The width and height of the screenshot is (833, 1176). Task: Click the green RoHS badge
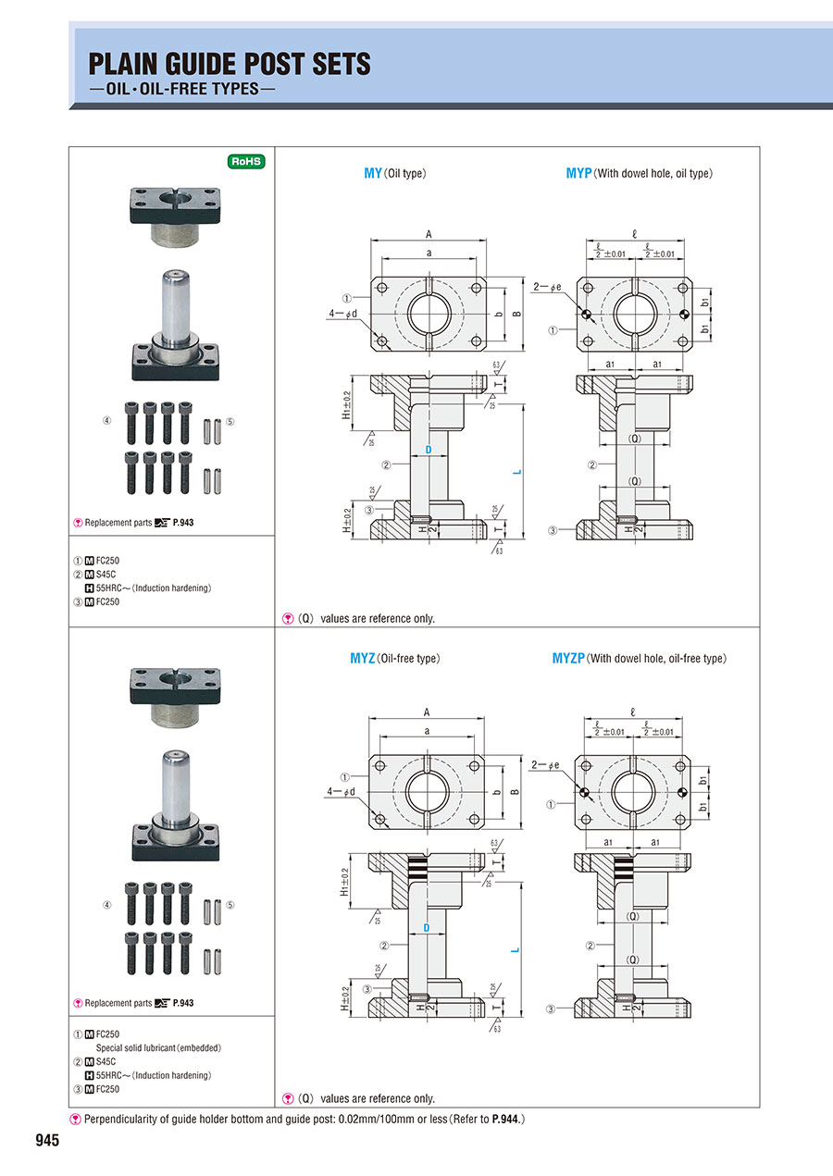[247, 161]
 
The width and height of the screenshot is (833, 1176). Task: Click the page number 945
[47, 1141]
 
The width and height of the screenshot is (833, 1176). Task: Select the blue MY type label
[373, 173]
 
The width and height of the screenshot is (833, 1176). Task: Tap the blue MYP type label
[578, 173]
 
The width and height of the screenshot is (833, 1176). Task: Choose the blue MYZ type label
[362, 659]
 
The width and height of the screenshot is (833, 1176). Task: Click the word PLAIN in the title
[127, 64]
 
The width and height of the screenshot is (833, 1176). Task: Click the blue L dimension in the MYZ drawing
[516, 949]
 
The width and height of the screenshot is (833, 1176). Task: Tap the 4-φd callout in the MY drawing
[342, 314]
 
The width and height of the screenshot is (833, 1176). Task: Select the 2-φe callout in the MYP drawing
[546, 288]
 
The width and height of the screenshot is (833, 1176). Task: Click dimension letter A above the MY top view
[429, 234]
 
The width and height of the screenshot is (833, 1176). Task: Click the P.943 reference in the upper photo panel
[182, 523]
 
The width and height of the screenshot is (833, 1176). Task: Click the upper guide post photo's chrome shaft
[175, 305]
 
